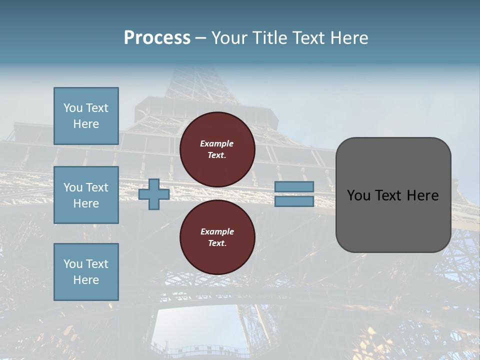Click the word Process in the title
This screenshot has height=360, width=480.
157,38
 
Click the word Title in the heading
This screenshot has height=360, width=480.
267,38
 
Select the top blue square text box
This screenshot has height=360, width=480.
86,116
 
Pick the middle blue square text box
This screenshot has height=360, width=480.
86,195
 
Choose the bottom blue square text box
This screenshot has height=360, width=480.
86,272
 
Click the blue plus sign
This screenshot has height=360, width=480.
154,194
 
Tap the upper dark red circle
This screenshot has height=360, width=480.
217,149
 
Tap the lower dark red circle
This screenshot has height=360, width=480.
217,237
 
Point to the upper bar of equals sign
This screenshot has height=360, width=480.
294,187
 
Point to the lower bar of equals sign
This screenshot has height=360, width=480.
294,201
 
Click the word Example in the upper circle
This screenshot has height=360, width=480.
216,143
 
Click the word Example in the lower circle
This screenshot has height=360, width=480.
217,231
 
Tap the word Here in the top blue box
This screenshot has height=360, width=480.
86,124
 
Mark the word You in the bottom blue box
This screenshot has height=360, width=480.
73,264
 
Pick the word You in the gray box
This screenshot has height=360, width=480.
358,195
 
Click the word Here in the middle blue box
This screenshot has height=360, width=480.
86,203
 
